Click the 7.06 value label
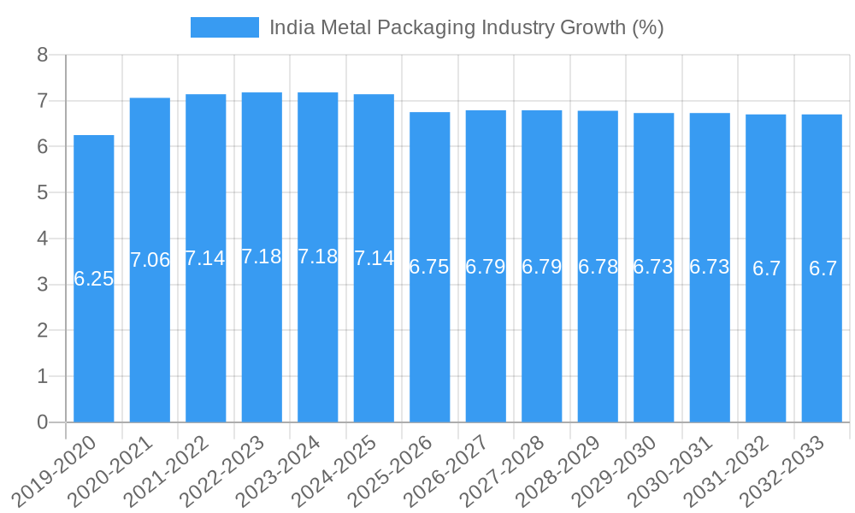point(150,260)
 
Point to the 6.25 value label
point(94,279)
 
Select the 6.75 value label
point(429,267)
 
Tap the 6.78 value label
point(598,267)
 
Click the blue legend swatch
point(224,27)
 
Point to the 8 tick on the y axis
point(43,56)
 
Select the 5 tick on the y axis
point(43,193)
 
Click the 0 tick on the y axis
point(43,422)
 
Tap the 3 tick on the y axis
point(43,285)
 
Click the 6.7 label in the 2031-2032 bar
point(766,268)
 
